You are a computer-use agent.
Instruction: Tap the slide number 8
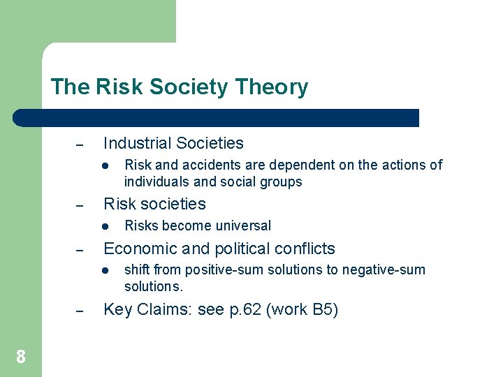point(21,357)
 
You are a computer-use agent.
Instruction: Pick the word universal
point(245,226)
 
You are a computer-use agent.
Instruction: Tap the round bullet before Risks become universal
point(103,226)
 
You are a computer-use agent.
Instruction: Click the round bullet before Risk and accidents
point(103,165)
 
